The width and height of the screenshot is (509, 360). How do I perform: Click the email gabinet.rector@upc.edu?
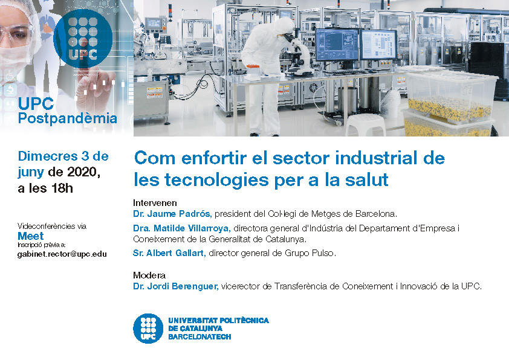point(62,254)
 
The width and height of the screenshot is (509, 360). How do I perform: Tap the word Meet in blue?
point(30,236)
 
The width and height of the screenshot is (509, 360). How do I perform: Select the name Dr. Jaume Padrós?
point(172,214)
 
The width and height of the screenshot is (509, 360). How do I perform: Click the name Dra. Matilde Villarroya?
point(182,228)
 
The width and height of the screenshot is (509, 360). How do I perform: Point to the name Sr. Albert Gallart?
point(169,253)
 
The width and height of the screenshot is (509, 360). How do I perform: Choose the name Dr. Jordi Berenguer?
point(176,286)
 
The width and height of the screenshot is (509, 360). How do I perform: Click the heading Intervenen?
point(155,203)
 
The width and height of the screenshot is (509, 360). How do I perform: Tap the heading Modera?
point(149,275)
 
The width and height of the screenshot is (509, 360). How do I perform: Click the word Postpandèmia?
point(68,118)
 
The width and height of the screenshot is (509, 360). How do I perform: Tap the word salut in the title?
point(366,179)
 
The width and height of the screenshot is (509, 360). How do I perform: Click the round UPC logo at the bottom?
point(148,328)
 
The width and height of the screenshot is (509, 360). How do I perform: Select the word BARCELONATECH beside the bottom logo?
point(199,336)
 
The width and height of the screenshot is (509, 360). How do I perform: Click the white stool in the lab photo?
point(365,125)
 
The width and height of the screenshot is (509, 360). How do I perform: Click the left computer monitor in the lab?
point(337,45)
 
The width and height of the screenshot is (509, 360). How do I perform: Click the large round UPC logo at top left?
point(83,39)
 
